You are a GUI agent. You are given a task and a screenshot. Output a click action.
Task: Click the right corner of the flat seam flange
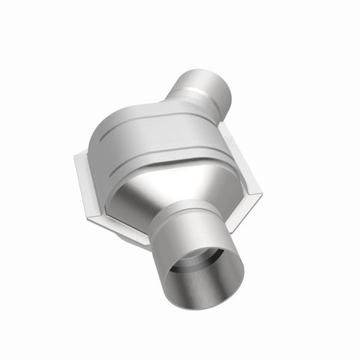point(261,196)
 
